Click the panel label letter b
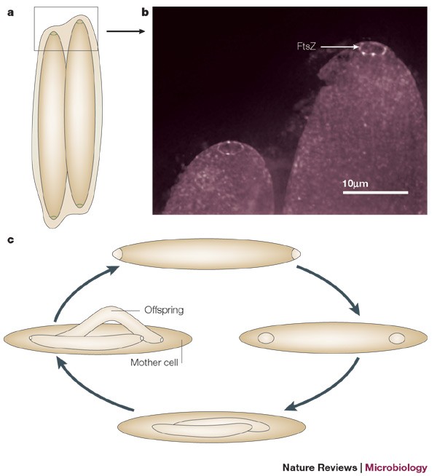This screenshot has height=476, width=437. (x=145, y=12)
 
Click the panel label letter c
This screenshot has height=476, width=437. (x=9, y=239)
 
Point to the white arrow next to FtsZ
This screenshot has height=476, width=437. (x=339, y=47)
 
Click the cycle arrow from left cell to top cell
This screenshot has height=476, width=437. (x=76, y=291)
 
